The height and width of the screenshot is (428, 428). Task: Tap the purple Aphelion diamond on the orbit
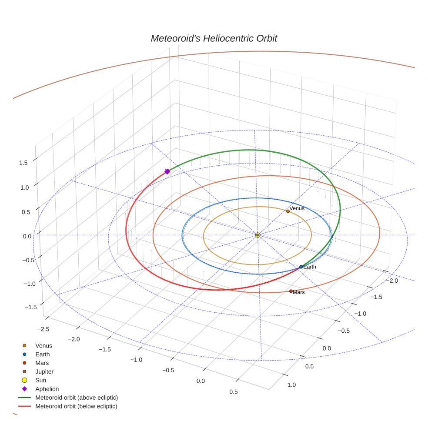coord(167,172)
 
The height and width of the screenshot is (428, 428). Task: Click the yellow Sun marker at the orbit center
coord(258,235)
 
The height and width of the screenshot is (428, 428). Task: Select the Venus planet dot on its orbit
coord(288,211)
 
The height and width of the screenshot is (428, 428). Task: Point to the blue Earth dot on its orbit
coord(301,267)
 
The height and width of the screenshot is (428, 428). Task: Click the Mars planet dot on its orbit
coord(291,291)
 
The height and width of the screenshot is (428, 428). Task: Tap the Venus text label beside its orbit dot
coord(297,208)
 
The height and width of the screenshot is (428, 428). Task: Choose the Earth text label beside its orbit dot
coord(310,267)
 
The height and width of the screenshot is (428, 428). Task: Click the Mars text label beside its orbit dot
coord(299,292)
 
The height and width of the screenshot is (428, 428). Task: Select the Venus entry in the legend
coord(43,346)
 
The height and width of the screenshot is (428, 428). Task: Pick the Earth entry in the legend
coord(43,354)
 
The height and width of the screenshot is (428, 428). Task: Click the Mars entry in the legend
coord(42,363)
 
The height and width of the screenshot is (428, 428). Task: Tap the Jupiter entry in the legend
coord(44,371)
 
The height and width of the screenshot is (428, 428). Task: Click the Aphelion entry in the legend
coord(47,389)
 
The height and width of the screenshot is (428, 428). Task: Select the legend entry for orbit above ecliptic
coord(77,398)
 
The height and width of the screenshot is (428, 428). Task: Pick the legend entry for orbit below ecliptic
coord(76,406)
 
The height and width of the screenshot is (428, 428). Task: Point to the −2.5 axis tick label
coord(43,329)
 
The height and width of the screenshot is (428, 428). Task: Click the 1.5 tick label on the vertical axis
coord(23,163)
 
